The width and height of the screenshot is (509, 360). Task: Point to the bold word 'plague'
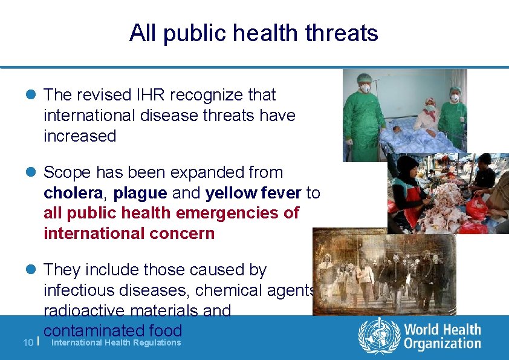[x=140, y=193]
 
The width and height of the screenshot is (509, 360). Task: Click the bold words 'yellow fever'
[x=254, y=193]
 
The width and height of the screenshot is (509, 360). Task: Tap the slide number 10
[x=27, y=342]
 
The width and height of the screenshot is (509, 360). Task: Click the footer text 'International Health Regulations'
[x=117, y=342]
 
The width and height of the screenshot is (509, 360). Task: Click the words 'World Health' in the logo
[x=442, y=330]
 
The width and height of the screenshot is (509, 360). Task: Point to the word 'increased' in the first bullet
[x=80, y=136]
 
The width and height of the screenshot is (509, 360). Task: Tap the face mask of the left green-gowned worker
[x=365, y=88]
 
